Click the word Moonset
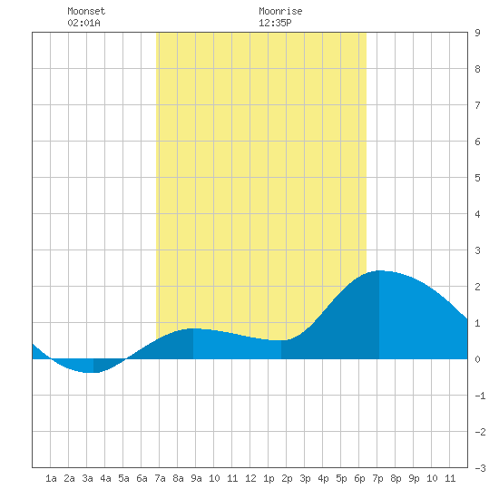86,11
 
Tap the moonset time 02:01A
83,23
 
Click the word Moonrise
280,11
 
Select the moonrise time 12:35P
275,23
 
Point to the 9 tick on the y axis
477,33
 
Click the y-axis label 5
477,178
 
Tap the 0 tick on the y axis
477,359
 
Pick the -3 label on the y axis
480,468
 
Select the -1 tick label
480,396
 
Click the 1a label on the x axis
51,478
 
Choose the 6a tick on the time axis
142,478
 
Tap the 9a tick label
196,478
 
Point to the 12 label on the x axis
250,478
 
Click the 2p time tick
287,478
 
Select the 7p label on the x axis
377,478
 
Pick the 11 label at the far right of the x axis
450,478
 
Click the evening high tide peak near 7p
379,271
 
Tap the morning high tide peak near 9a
193,328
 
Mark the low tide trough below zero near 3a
93,372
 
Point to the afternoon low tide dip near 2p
281,340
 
